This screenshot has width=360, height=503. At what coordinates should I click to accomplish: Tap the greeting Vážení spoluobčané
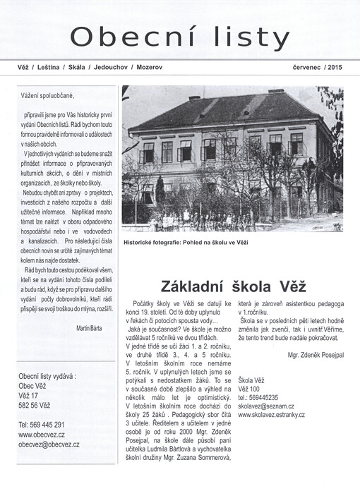click(47, 95)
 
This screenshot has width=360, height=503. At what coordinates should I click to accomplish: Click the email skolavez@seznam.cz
click(265, 406)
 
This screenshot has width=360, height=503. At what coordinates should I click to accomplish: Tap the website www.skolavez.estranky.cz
click(272, 415)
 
